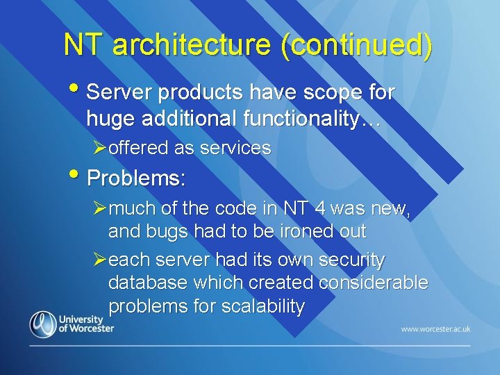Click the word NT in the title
[x=85, y=45]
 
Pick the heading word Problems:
[x=136, y=178]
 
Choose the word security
[x=351, y=260]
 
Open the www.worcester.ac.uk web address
[x=435, y=328]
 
